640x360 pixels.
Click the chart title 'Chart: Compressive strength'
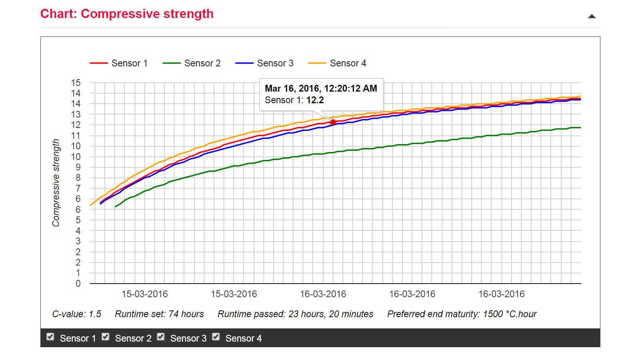(127, 14)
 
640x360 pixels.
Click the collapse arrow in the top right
(592, 16)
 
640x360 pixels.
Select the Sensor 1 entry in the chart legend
(119, 63)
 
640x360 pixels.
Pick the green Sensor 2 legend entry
(192, 63)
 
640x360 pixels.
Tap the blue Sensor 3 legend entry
(264, 63)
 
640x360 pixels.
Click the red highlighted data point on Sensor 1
(333, 122)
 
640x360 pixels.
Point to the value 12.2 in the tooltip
(315, 100)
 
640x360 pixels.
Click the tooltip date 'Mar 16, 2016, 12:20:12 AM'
(321, 88)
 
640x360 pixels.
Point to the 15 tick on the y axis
(76, 83)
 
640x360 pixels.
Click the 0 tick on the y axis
(78, 284)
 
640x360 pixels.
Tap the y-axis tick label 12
(76, 125)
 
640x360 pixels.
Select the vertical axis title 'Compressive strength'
(56, 183)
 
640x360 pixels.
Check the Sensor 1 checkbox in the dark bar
(50, 337)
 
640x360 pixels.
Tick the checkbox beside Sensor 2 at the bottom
(106, 337)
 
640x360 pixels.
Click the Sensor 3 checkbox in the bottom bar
(161, 337)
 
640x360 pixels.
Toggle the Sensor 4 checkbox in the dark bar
(216, 337)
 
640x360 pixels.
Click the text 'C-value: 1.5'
(77, 314)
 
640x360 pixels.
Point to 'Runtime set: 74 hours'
(159, 314)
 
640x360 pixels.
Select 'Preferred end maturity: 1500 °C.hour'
(462, 314)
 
